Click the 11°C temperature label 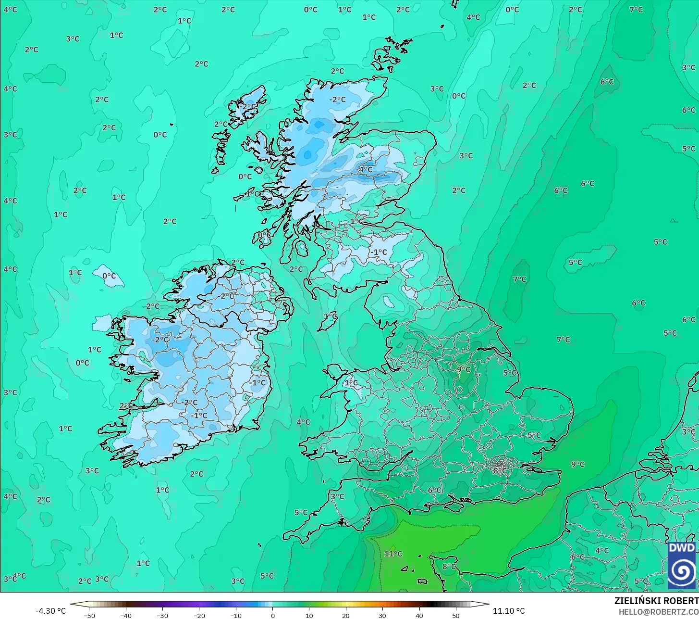coord(393,554)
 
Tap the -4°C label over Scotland coord(365,169)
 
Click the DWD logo coord(681,565)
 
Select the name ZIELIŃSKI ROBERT coord(656,601)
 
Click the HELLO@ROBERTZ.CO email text coord(658,612)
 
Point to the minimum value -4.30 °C coord(50,611)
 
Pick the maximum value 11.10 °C coord(509,611)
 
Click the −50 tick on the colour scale coord(89,615)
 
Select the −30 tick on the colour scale coord(162,615)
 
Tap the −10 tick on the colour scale coord(236,615)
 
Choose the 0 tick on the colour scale coord(272,615)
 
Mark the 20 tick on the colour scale coord(346,615)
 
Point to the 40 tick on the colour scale coord(419,615)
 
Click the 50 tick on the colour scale coord(455,615)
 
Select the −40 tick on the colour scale coord(126,615)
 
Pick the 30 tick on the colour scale coord(382,615)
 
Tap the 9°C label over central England coord(464,369)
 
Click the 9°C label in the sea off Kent coord(578,464)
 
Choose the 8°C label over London coord(499,471)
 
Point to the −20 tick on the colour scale coord(199,615)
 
